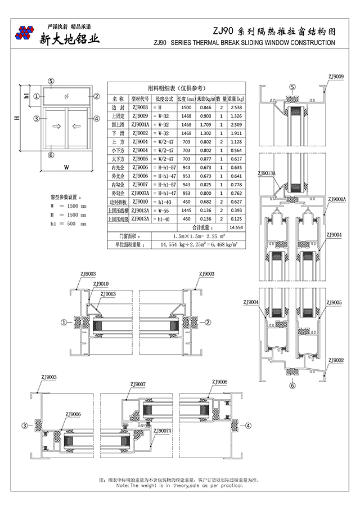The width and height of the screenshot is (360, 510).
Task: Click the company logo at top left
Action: point(25,33)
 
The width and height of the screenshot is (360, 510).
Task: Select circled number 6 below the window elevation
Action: point(51,155)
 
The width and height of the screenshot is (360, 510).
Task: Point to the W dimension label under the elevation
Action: point(66,167)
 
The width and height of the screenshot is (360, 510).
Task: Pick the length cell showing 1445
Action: point(186,210)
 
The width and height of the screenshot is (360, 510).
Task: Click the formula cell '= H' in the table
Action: point(157,108)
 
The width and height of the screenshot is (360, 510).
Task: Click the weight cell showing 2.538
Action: point(236,108)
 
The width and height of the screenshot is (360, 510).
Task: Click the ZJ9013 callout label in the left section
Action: point(108,294)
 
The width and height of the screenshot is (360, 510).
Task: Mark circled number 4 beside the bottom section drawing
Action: point(248,425)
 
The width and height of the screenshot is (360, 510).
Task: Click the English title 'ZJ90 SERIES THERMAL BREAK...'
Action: point(244,43)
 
